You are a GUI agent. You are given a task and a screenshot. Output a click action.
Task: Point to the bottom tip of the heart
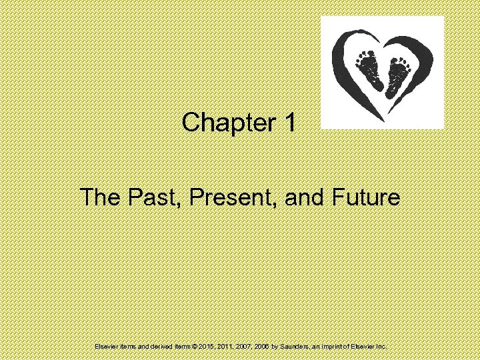[382, 120]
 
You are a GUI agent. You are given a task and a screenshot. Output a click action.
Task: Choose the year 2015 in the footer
[202, 347]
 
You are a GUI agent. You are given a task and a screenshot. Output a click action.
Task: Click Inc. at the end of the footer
[381, 347]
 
